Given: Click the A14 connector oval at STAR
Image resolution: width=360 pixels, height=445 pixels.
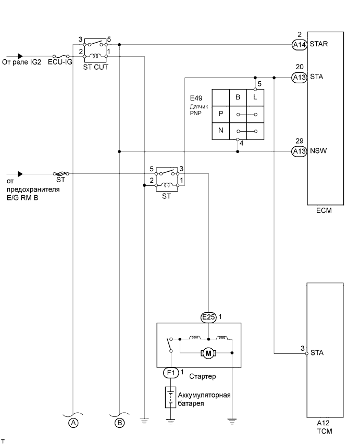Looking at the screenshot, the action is click(x=299, y=45).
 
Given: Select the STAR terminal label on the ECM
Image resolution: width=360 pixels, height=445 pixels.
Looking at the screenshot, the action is click(x=318, y=44).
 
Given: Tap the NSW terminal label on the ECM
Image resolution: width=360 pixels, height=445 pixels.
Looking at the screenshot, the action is click(x=318, y=151).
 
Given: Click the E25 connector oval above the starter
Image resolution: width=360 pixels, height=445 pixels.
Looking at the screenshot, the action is click(x=208, y=317).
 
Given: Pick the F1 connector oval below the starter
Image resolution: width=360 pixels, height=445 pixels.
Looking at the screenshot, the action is click(x=171, y=373).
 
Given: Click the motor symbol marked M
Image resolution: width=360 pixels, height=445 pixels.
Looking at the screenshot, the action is click(x=208, y=353).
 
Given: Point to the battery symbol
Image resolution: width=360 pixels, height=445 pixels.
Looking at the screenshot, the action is click(x=170, y=397).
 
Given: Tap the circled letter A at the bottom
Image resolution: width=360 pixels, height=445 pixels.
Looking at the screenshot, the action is click(x=73, y=423).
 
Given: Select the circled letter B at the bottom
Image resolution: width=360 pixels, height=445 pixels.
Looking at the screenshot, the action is click(x=120, y=423).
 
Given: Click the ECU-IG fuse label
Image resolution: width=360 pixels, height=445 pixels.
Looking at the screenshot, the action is click(x=60, y=62).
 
